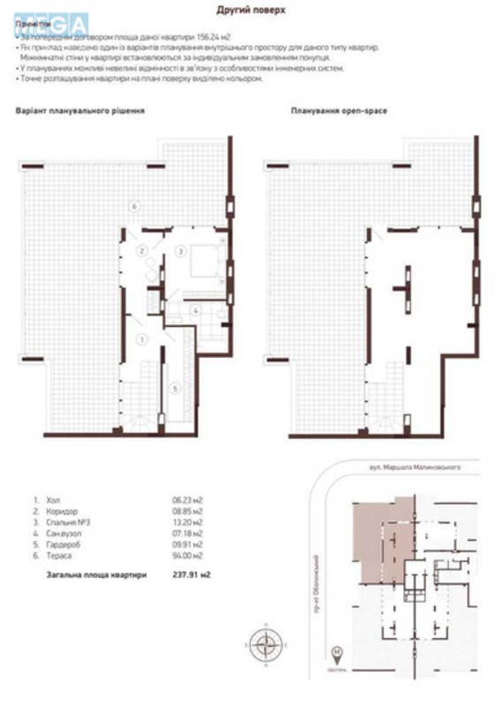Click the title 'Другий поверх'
point(250,10)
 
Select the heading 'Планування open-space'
point(338,111)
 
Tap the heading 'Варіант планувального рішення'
point(80,111)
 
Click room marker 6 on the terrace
point(133,206)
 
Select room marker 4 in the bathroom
point(197,309)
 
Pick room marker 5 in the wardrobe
point(176,388)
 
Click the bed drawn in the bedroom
point(205,255)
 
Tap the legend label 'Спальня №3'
point(63,521)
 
